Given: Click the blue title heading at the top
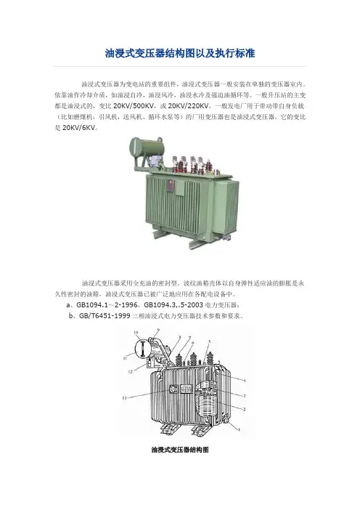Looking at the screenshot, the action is [180, 53].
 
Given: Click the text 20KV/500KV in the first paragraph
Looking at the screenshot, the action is [134, 106].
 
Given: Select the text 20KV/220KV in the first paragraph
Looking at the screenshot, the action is [189, 106].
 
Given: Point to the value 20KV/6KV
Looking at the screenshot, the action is [79, 128].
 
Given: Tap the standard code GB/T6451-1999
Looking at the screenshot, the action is [105, 316].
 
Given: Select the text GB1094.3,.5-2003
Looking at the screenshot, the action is [173, 305].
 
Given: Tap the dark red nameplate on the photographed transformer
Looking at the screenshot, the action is [171, 186].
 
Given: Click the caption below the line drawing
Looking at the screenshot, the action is [180, 450].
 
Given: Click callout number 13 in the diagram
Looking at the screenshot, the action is [124, 398].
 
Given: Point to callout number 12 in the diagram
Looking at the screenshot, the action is [131, 371].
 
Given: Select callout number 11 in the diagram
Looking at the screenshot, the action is [125, 358].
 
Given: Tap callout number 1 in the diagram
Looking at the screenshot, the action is [240, 429].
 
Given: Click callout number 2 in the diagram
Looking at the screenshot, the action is [245, 409].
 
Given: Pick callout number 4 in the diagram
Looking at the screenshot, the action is [245, 380].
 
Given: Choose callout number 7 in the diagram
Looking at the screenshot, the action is [189, 338].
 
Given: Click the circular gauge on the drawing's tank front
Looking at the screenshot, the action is [173, 389].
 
